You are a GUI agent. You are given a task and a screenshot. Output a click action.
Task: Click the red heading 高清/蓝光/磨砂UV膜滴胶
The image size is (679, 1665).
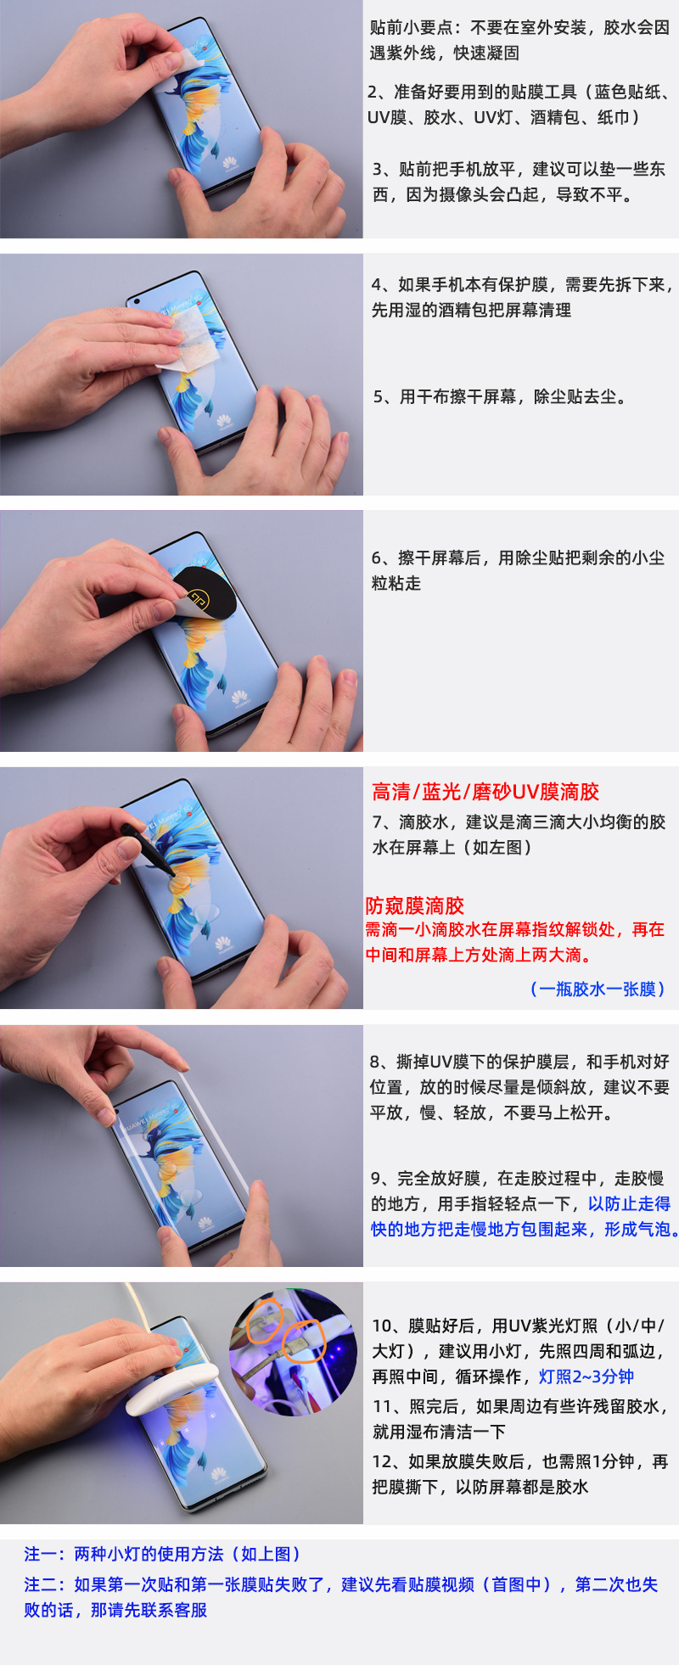(485, 792)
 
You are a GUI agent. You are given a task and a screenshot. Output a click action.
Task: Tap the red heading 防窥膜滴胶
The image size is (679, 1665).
(415, 905)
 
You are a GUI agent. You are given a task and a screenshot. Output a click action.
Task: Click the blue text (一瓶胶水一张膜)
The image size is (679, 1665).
(598, 989)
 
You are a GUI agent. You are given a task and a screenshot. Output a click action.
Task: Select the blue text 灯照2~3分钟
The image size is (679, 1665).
(586, 1376)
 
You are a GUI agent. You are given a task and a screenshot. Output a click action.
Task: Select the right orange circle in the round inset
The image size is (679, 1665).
(303, 1342)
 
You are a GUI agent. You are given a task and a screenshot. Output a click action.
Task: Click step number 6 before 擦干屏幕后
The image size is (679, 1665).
(378, 558)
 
